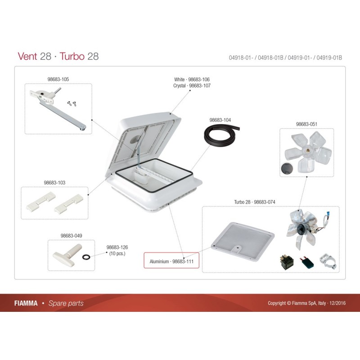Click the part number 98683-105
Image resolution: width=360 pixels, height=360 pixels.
tap(58, 79)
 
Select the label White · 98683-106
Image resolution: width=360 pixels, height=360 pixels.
tap(192, 80)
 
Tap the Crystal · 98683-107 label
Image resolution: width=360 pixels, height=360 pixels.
tap(192, 85)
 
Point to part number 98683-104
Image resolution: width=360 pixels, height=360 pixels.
tap(220, 120)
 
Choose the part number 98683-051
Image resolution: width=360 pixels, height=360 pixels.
tap(306, 124)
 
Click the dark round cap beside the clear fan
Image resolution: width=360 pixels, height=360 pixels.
tap(287, 168)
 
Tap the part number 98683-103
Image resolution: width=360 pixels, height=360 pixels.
tap(54, 183)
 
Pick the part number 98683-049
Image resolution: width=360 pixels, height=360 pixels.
tap(71, 235)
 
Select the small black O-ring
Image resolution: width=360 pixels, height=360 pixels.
tap(86, 257)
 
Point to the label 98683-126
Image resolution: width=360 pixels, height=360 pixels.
tap(117, 247)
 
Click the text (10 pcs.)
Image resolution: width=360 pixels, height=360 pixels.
tap(117, 253)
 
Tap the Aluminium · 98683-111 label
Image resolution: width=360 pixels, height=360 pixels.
tap(171, 261)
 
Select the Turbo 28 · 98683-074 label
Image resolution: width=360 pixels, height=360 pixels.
tap(254, 202)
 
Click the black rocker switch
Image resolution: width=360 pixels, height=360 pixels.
tap(287, 262)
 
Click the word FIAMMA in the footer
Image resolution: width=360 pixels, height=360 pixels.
tap(26, 303)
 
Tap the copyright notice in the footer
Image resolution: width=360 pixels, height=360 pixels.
tap(306, 303)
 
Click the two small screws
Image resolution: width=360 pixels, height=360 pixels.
tap(72, 103)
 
